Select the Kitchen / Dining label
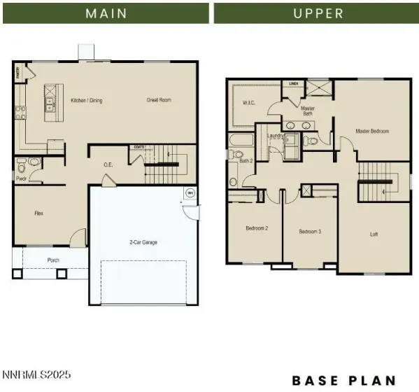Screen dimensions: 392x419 [87, 100]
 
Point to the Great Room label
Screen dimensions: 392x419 [159, 100]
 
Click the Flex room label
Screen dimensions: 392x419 [40, 212]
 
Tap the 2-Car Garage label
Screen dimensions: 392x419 [143, 242]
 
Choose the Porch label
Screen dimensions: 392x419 [53, 260]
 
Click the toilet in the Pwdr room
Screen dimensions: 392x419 [22, 168]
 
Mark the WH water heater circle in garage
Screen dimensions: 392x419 [189, 193]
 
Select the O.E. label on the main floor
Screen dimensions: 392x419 [108, 165]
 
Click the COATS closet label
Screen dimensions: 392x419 [139, 147]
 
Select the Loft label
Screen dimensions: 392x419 [374, 234]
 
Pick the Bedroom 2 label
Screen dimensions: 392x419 [257, 228]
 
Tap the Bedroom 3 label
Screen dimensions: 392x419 [310, 232]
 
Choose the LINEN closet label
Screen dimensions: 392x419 [294, 83]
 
